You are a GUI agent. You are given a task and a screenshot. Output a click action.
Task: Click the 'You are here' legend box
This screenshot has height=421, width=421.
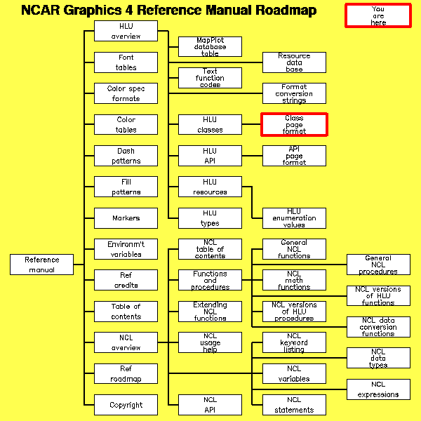(x=377, y=15)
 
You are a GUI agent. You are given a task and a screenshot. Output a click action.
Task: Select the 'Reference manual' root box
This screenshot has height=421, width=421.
(x=42, y=265)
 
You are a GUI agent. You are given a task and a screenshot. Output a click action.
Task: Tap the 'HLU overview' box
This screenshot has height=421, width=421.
(x=126, y=31)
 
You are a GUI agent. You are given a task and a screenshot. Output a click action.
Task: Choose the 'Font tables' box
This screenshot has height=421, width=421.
(x=126, y=62)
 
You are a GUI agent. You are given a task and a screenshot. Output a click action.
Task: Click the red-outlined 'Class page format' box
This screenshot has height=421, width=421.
(x=294, y=124)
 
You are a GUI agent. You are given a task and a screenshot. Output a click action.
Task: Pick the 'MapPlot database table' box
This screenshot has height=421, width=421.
(x=210, y=47)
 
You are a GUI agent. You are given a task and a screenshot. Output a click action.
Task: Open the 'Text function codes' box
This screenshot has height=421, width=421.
(x=210, y=78)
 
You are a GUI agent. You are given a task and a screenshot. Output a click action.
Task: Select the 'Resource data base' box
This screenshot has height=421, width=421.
(x=294, y=62)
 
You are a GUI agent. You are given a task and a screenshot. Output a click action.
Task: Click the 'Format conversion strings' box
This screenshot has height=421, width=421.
(x=294, y=93)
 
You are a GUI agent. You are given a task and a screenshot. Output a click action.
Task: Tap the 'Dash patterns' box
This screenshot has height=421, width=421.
(x=126, y=156)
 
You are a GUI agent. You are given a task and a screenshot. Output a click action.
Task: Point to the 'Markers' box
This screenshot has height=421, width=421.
(x=126, y=218)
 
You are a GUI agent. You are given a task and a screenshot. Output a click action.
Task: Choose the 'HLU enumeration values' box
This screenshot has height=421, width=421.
(x=294, y=218)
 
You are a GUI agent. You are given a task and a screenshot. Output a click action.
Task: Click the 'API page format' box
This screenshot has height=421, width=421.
(x=294, y=156)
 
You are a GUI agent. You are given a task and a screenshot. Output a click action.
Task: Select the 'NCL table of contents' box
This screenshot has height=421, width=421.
(x=210, y=249)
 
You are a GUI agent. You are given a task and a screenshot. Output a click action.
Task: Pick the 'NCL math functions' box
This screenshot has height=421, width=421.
(x=294, y=280)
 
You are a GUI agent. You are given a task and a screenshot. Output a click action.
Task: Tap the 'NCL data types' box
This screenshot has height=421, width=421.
(x=378, y=358)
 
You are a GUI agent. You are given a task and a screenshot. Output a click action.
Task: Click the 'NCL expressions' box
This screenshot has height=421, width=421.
(x=378, y=389)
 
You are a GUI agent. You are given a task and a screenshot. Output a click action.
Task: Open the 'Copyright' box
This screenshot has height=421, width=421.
(x=126, y=405)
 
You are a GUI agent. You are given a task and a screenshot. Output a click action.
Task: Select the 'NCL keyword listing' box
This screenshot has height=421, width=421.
(x=294, y=342)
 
